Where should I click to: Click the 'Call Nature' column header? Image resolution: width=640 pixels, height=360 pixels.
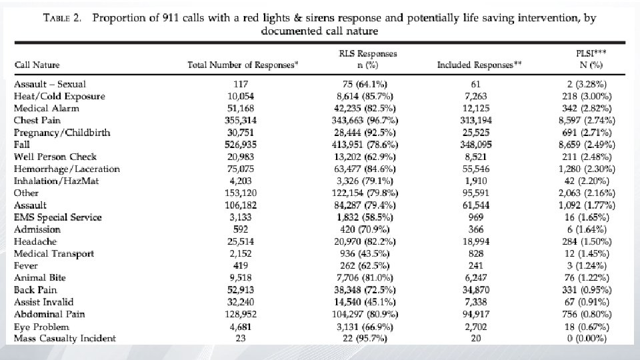pos(37,65)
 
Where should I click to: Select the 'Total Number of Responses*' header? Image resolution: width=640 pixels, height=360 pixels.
pos(243,65)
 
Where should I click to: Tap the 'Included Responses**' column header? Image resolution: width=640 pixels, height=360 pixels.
pos(479,65)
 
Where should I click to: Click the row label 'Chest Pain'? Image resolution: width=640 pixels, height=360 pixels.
pos(39,121)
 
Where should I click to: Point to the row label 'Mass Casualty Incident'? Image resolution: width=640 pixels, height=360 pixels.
pos(65,338)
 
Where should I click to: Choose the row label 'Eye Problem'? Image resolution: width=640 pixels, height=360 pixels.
pos(42,326)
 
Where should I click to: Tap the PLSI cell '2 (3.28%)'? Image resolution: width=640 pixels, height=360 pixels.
pos(590,84)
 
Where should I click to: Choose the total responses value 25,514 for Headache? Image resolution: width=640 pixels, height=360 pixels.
pos(241,241)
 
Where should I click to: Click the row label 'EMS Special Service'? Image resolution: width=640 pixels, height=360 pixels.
pos(58,217)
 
